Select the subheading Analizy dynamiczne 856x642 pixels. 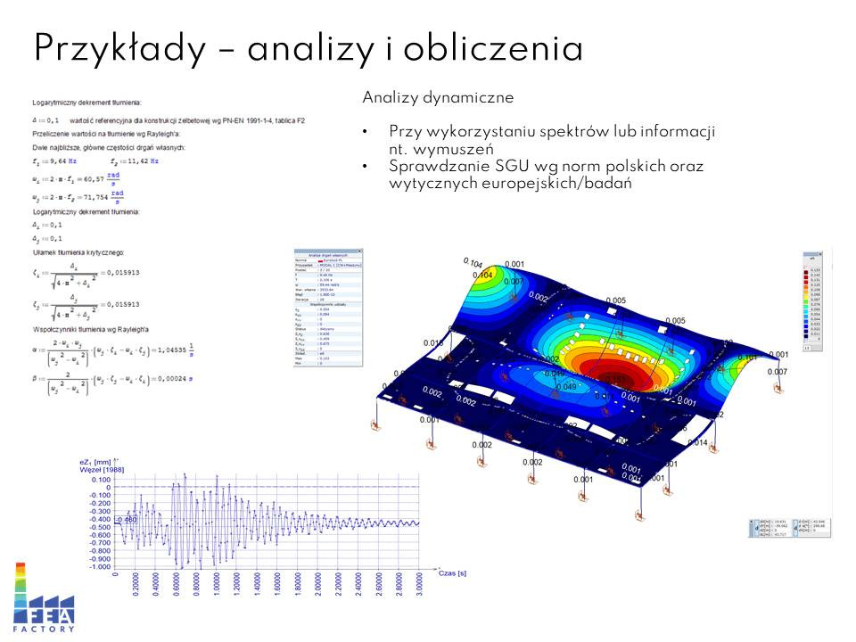pos(438,96)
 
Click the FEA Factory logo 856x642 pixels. pos(44,597)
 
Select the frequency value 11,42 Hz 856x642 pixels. pos(138,161)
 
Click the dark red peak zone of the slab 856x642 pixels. pos(616,369)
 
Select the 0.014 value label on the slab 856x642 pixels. pos(698,442)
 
